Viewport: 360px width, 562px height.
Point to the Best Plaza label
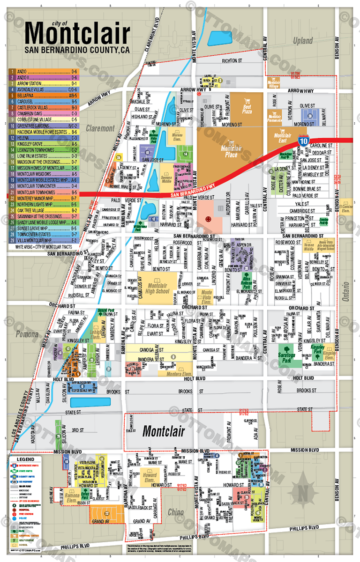point(247,110)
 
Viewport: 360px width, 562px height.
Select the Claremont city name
point(100,128)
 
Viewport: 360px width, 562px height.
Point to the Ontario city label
point(346,286)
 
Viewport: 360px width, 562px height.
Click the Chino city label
point(176,512)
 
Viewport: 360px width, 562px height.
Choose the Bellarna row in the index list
point(43,95)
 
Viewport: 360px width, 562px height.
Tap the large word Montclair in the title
point(77,34)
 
